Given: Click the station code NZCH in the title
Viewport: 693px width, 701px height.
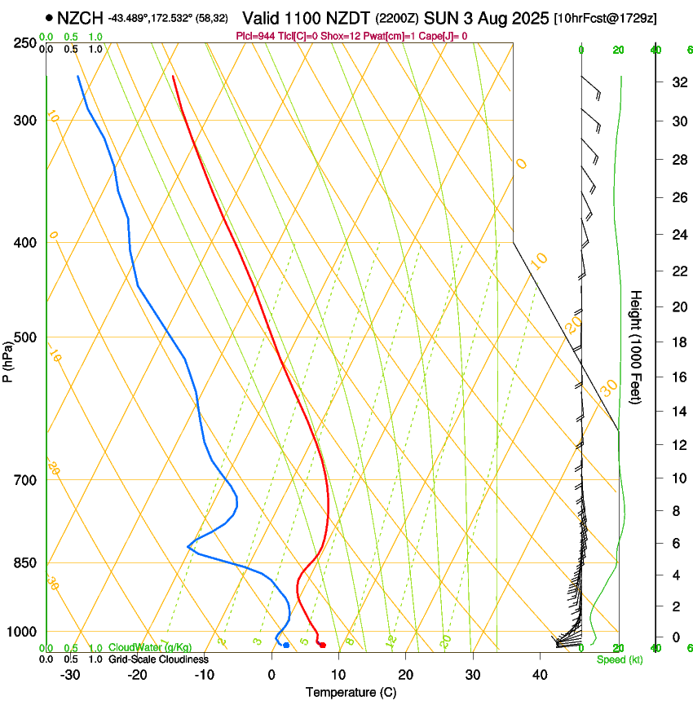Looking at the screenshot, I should click(x=80, y=16).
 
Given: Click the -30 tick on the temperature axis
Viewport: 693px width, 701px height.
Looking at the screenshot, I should click(x=71, y=675).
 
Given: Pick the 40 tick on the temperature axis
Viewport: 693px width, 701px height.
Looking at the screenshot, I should click(x=539, y=675).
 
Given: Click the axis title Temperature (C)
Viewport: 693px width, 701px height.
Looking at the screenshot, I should click(x=351, y=692).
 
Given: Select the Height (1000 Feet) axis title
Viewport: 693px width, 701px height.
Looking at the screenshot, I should click(x=636, y=346).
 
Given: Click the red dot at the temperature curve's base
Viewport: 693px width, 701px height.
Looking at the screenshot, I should click(x=323, y=646).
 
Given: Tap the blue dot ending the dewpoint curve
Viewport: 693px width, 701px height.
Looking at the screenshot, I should click(x=285, y=646).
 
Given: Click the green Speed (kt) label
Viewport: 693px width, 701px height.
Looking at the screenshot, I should click(x=620, y=659).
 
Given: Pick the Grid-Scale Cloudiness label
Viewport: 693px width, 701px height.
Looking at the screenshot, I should click(x=158, y=659).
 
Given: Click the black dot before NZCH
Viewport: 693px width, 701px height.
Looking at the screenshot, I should click(x=50, y=17).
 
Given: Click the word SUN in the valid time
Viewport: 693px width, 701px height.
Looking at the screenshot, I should click(x=443, y=17).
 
